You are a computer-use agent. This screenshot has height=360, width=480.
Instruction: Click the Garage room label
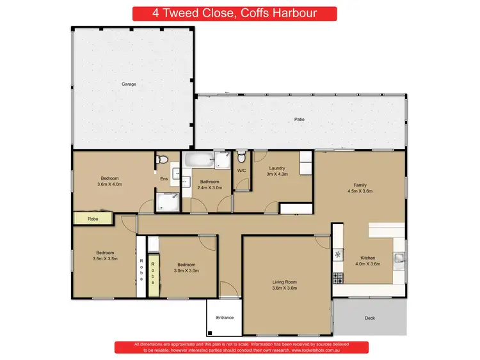coord(129,84)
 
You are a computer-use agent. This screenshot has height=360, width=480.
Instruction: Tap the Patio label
coord(299,120)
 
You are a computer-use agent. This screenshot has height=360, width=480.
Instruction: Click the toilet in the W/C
coord(241,157)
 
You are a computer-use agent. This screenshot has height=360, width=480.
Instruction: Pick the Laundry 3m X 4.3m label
coord(278,171)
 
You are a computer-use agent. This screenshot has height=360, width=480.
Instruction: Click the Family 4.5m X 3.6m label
coord(360,187)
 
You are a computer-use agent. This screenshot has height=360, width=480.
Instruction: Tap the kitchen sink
coord(399,258)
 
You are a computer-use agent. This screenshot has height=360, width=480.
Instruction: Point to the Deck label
coord(369,318)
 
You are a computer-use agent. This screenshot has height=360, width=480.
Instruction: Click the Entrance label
coord(225,318)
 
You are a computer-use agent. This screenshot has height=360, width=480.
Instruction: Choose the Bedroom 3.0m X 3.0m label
coord(187,268)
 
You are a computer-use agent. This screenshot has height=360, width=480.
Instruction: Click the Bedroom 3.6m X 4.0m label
coord(109,181)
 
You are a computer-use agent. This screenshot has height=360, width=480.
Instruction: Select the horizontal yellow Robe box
coord(92,219)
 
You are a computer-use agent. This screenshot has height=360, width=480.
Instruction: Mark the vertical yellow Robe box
coord(153,276)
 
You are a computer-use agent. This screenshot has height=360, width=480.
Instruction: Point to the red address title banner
coord(234,13)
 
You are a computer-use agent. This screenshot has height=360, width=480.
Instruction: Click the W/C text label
coord(242,171)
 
